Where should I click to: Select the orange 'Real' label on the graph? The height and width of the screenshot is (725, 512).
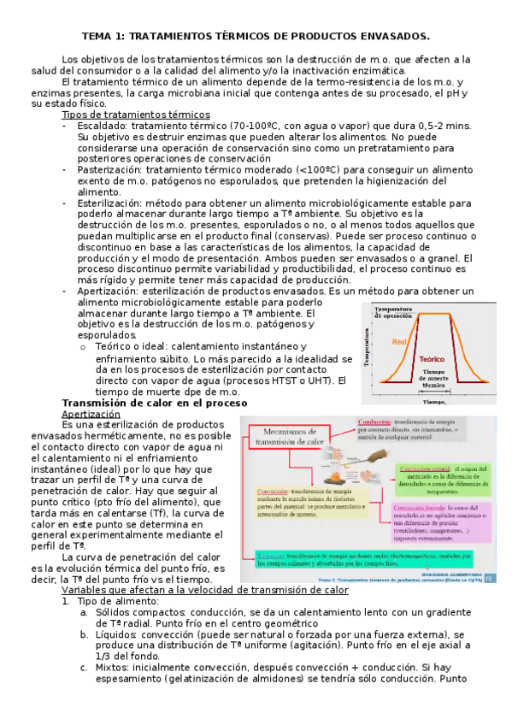(399, 342)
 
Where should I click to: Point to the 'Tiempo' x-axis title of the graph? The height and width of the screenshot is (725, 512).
(434, 400)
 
